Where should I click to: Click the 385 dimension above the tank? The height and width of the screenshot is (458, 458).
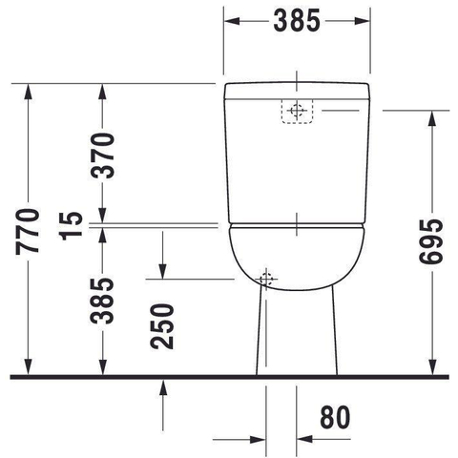coord(297,21)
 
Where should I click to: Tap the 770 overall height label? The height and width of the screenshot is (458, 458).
coord(28,231)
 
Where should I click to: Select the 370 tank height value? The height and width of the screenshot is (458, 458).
coord(102,156)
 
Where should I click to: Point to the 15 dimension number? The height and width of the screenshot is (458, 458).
coord(72,226)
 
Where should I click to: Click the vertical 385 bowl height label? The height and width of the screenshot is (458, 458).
coord(102,301)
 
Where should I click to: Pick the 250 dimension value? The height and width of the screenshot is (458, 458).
coord(162,326)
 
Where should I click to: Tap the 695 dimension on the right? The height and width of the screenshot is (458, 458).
coord(431,241)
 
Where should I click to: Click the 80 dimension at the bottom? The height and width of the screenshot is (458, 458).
coord(335,417)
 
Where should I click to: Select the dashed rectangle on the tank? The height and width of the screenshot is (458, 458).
coord(297,111)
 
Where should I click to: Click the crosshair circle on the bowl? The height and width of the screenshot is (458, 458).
coord(266,279)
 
